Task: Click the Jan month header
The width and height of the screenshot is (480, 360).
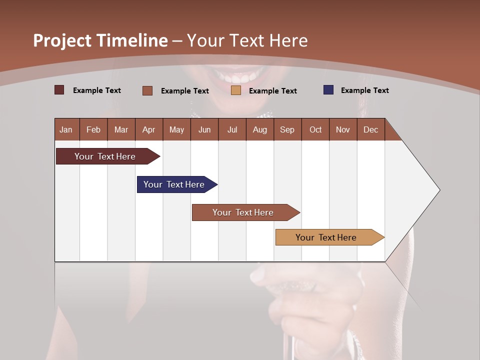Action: [x=66, y=129]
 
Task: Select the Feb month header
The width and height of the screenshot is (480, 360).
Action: [x=93, y=129]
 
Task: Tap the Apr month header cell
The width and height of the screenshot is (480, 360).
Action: [x=149, y=129]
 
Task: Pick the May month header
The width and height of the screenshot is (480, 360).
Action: [x=176, y=129]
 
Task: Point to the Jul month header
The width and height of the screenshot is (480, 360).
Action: [x=232, y=129]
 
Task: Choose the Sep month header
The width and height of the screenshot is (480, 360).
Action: [x=287, y=129]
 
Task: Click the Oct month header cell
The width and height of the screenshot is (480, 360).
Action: [x=315, y=129]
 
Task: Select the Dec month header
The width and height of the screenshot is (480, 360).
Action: [x=371, y=129]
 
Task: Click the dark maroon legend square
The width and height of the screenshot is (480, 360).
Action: [x=59, y=90]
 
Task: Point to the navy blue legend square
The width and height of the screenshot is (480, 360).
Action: [x=328, y=90]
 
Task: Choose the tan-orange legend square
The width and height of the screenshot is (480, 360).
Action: [x=236, y=90]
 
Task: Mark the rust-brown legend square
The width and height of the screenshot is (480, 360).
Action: [x=147, y=90]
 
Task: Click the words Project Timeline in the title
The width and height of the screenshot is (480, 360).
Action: [x=100, y=40]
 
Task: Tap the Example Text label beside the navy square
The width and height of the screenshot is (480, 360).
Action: [x=364, y=90]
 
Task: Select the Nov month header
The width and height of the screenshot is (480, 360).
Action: [x=343, y=129]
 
